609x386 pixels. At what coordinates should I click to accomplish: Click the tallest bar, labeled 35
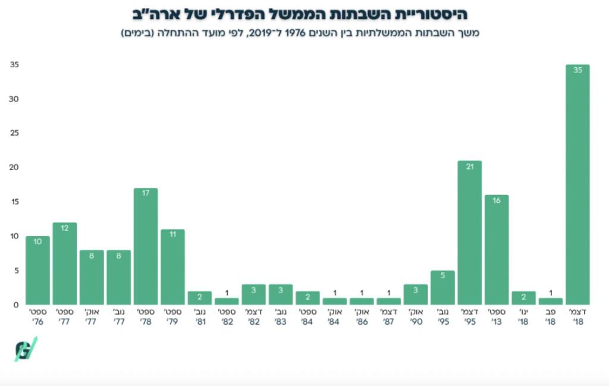pyautogui.click(x=577, y=184)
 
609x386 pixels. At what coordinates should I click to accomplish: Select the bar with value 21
pyautogui.click(x=469, y=233)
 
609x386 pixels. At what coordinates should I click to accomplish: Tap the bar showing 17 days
pyautogui.click(x=145, y=246)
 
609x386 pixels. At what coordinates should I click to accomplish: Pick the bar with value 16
pyautogui.click(x=496, y=250)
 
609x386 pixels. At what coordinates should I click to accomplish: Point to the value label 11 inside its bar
pyautogui.click(x=172, y=235)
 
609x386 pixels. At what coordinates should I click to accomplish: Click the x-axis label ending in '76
pyautogui.click(x=37, y=316)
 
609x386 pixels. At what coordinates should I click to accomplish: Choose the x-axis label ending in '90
pyautogui.click(x=415, y=316)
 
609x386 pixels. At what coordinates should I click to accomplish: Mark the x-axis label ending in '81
pyautogui.click(x=199, y=316)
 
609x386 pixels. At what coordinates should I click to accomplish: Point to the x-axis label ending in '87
pyautogui.click(x=388, y=316)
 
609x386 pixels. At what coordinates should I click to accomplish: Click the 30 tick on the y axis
pyautogui.click(x=14, y=99)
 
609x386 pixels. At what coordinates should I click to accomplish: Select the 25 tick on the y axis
pyautogui.click(x=14, y=133)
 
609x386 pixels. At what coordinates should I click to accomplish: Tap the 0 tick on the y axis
pyautogui.click(x=16, y=305)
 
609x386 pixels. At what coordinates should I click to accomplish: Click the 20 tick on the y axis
pyautogui.click(x=14, y=168)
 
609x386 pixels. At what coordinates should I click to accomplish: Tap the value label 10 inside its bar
pyautogui.click(x=37, y=241)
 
